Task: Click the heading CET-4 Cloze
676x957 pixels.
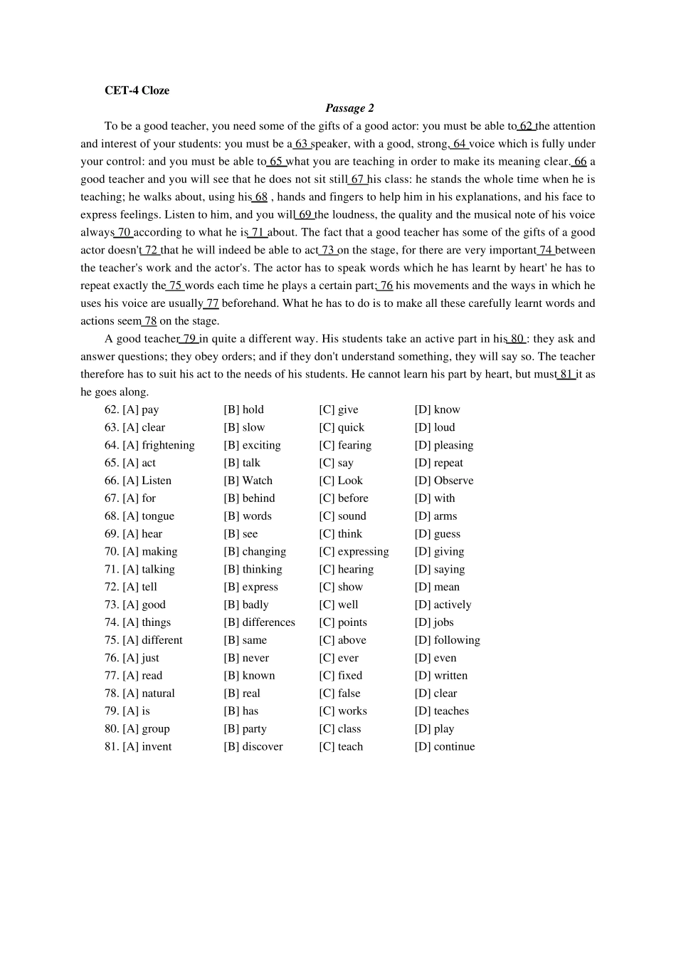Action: tap(137, 90)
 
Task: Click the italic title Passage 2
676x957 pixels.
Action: tap(349, 108)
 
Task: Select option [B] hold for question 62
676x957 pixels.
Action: tap(243, 409)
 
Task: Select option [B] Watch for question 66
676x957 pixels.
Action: tap(248, 481)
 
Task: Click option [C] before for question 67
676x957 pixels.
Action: tap(344, 498)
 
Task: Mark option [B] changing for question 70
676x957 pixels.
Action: tap(255, 551)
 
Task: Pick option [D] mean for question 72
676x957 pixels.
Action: tap(437, 587)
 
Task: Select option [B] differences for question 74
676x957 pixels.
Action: tap(259, 622)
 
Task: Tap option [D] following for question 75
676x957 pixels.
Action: tap(447, 640)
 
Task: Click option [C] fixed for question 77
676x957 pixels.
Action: tap(340, 676)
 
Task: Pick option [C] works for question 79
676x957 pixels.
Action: tap(343, 711)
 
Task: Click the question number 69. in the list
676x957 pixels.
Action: tap(112, 534)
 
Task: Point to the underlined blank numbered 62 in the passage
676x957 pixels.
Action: tap(526, 126)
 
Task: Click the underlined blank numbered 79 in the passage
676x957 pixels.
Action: tap(189, 339)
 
